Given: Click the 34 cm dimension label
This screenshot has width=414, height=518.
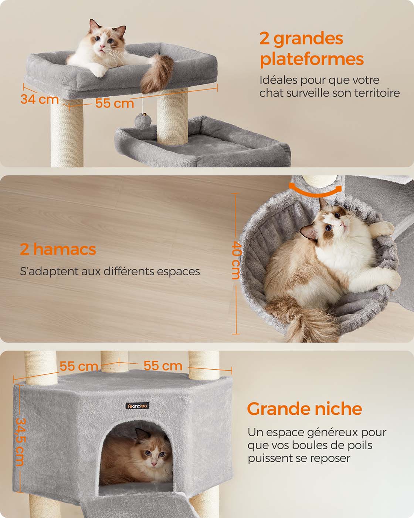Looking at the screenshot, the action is point(40,99).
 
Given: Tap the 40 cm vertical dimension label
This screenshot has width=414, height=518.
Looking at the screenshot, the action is point(236,260).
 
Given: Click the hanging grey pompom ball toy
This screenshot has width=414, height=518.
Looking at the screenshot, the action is point(143,121).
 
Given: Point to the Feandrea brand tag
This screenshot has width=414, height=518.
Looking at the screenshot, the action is point(137,406).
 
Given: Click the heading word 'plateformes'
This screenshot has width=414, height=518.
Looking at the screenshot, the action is point(312,59).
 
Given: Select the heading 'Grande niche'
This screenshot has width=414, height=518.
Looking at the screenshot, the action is point(304,409).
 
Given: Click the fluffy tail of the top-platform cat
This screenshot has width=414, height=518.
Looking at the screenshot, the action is point(156,73).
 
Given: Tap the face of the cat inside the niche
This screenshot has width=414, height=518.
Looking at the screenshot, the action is point(154,456).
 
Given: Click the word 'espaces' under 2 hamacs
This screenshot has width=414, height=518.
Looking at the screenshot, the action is point(178,272).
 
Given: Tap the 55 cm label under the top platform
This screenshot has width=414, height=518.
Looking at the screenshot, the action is point(115,103).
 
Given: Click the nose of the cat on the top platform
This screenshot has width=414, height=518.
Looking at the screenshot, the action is point(102,47).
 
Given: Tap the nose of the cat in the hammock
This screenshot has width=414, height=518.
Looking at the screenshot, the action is point(343,225).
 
